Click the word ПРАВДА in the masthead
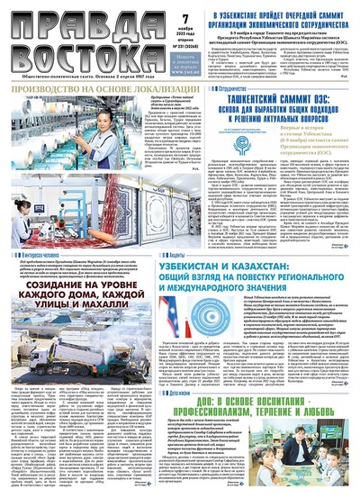click(54, 20)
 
